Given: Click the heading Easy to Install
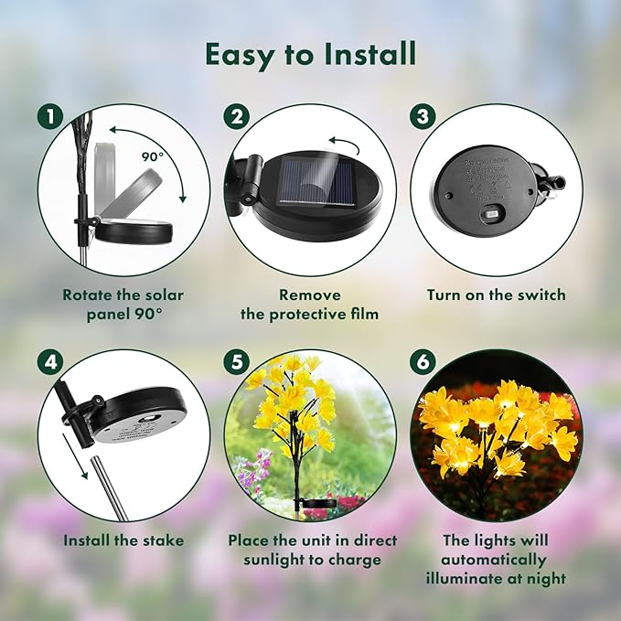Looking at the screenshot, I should pyautogui.click(x=310, y=54).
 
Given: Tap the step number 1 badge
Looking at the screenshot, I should pyautogui.click(x=51, y=118).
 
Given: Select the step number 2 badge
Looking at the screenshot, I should pyautogui.click(x=238, y=118).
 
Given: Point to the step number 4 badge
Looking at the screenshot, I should pyautogui.click(x=51, y=362).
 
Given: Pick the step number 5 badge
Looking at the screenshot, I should pyautogui.click(x=238, y=362).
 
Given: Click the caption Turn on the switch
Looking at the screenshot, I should pyautogui.click(x=496, y=295).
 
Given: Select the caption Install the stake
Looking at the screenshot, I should pyautogui.click(x=123, y=541).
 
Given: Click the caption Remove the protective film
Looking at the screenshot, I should pyautogui.click(x=310, y=305).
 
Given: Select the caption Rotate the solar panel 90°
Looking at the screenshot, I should pyautogui.click(x=123, y=305).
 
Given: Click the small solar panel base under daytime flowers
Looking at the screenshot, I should pyautogui.click(x=317, y=503).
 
